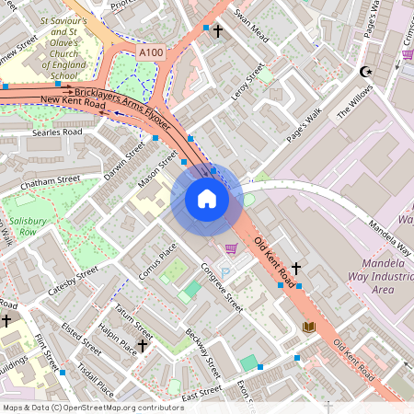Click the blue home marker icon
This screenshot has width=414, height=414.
tap(207, 200)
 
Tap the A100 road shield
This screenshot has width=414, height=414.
tap(151, 55)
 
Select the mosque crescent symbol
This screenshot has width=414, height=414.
tap(364, 71)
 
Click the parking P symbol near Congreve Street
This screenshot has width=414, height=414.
tap(224, 273)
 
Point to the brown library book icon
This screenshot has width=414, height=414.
tap(309, 327)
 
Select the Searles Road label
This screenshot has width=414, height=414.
tap(57, 132)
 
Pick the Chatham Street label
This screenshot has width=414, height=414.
tap(45, 184)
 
